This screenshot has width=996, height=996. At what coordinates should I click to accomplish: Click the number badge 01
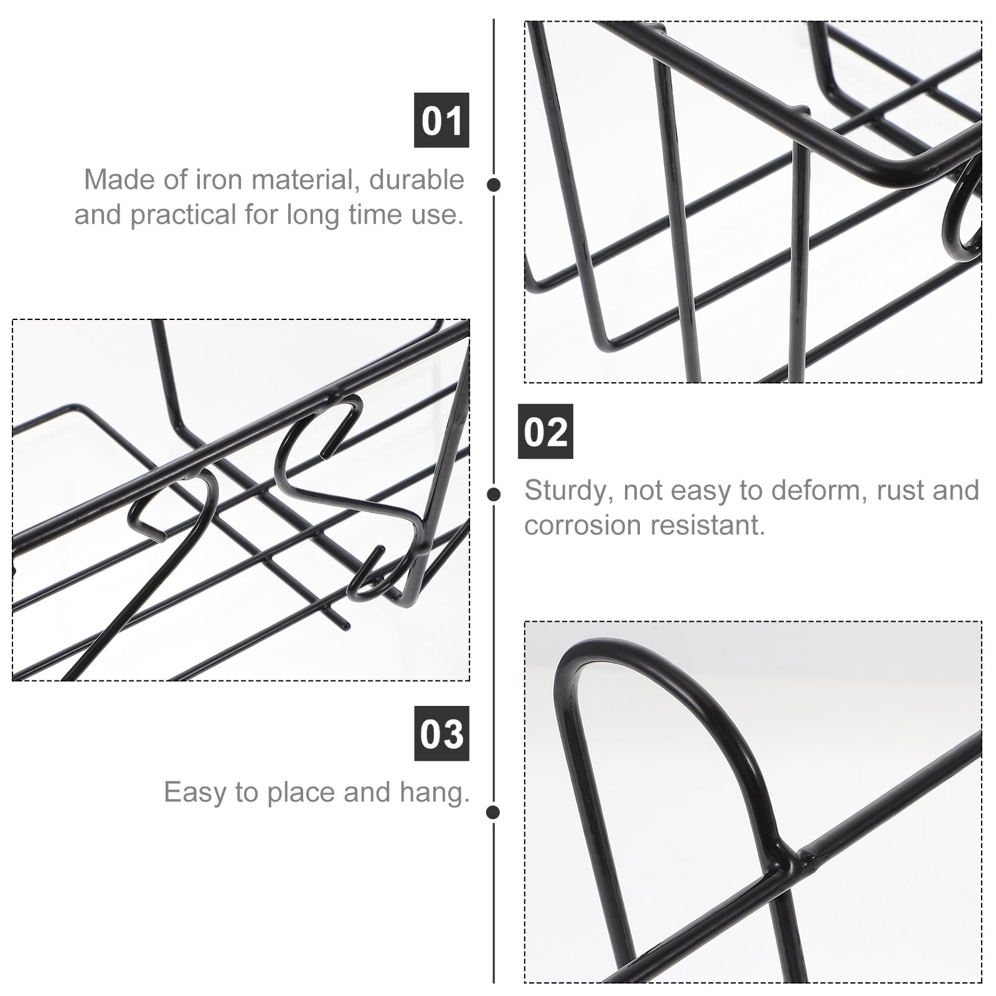coord(441,120)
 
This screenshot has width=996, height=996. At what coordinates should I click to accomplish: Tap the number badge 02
coord(545,431)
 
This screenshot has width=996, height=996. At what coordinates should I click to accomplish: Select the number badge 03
coord(441,733)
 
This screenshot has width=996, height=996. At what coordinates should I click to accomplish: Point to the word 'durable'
coord(416,179)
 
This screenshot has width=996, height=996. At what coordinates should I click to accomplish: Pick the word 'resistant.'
coord(703,525)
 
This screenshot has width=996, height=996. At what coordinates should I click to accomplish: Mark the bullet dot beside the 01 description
coord(494,184)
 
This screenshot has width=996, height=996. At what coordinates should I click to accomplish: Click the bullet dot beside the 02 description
coord(494,494)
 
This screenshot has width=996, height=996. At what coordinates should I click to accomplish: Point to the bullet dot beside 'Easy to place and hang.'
coord(494,812)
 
